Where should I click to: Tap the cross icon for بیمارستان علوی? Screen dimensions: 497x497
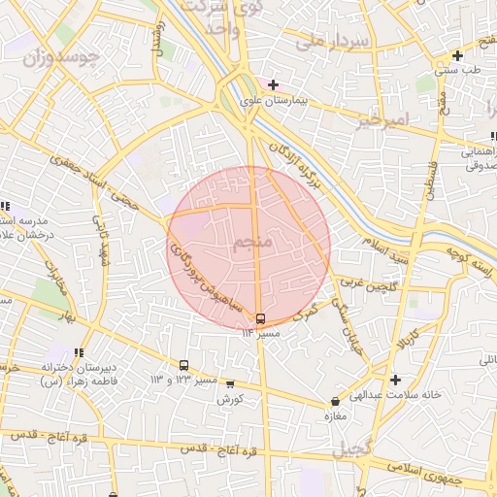point(274,85)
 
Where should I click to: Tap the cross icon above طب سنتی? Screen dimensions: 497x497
point(457,55)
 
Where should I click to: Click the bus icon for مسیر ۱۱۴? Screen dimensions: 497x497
point(260,318)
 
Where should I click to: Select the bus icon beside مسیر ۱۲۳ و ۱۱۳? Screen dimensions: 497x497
point(183,366)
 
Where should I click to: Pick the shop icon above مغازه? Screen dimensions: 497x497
point(335,400)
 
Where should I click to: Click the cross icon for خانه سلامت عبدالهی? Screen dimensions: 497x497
point(394,380)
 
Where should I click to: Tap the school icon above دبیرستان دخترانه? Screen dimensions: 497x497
point(77,352)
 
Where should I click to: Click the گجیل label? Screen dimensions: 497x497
point(350,449)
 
